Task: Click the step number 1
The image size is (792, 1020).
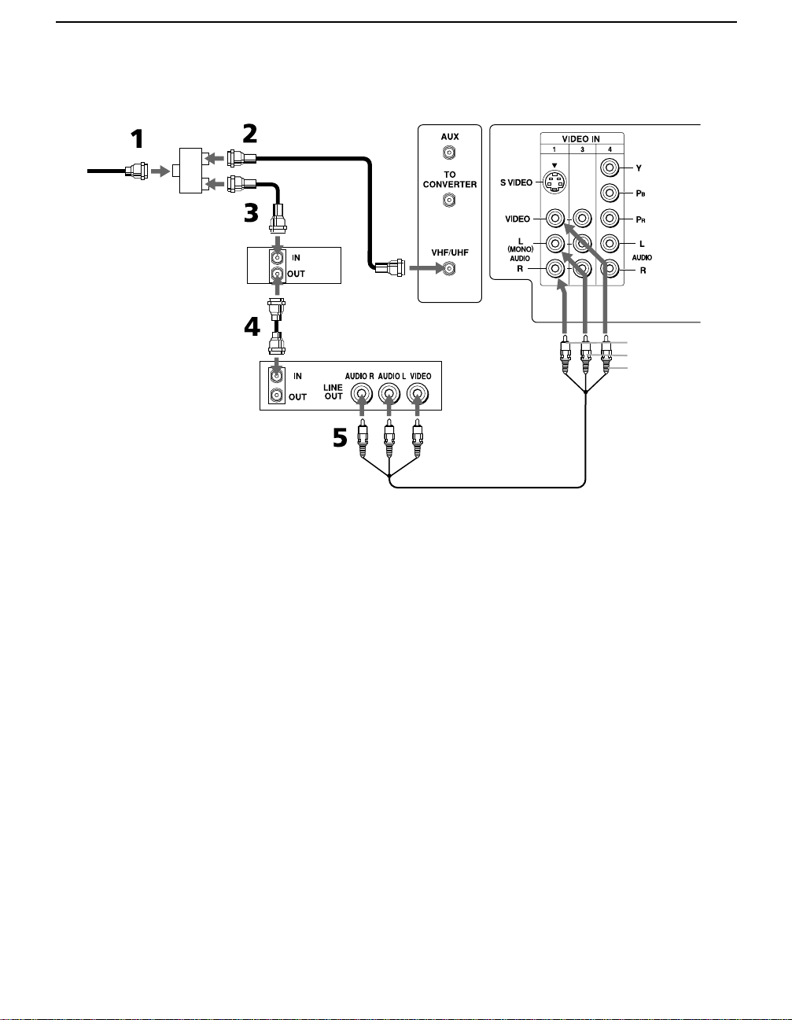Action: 137,139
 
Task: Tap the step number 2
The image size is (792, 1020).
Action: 250,134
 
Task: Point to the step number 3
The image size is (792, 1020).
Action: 251,212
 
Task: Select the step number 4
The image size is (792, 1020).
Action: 252,326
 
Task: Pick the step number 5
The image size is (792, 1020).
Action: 340,438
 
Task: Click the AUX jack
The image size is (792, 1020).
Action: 449,153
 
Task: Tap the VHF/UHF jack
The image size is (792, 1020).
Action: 449,268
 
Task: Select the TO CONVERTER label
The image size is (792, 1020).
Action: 450,179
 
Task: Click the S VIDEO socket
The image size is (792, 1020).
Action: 554,181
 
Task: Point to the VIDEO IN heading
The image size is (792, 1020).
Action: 580,139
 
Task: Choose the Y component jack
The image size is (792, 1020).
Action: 610,168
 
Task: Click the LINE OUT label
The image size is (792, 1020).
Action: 333,392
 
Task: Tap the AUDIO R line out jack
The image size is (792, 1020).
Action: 362,393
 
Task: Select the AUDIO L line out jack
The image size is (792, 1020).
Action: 389,393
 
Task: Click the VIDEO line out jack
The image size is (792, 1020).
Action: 417,393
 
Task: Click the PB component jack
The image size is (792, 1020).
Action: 610,193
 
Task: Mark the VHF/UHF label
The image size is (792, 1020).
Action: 450,252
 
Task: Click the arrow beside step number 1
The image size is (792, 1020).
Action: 160,171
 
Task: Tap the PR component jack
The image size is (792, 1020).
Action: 610,219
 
